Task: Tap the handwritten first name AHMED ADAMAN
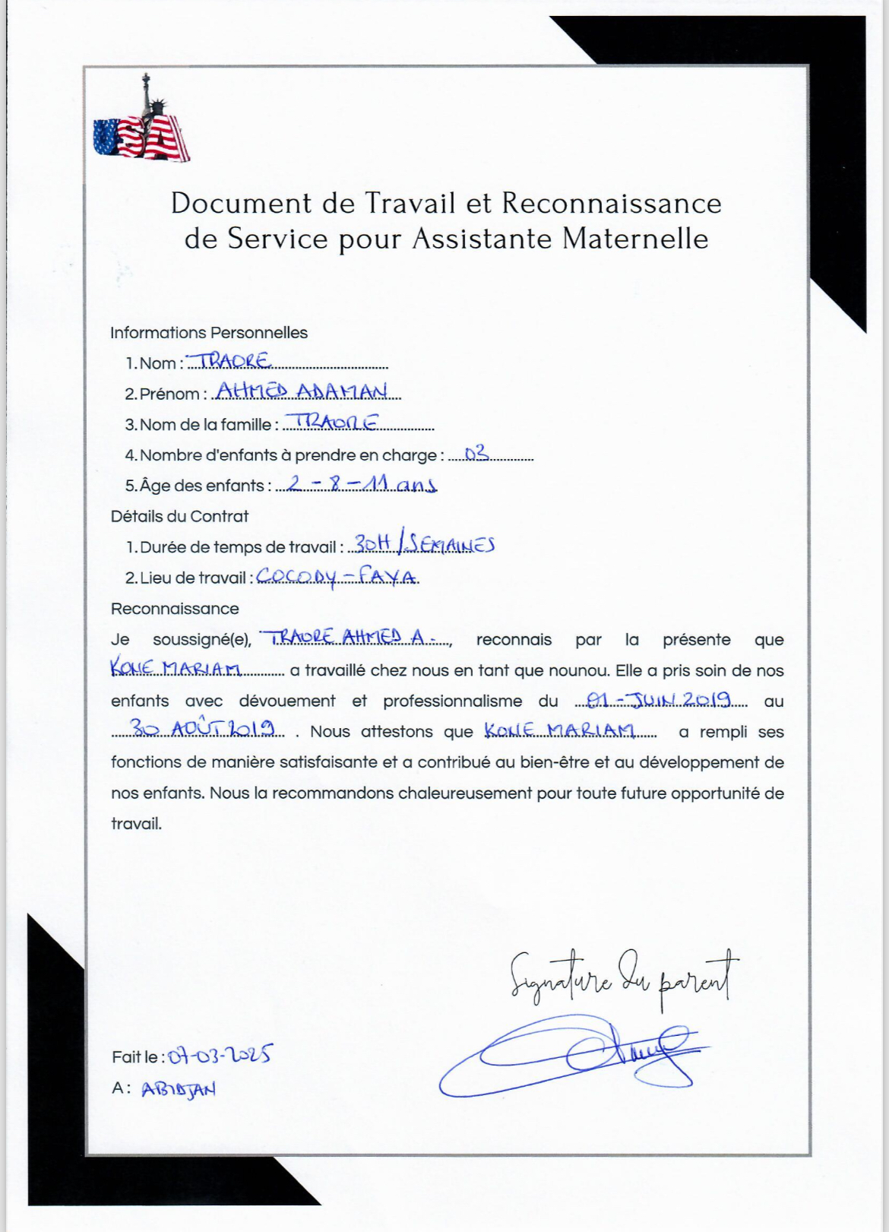pyautogui.click(x=302, y=391)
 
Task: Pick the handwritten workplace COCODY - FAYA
pyautogui.click(x=337, y=577)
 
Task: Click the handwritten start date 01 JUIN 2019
pyautogui.click(x=658, y=699)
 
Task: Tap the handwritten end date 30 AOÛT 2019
pyautogui.click(x=203, y=730)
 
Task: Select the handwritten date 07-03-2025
pyautogui.click(x=220, y=1055)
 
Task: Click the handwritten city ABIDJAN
pyautogui.click(x=179, y=1088)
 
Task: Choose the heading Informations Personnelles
pyautogui.click(x=209, y=333)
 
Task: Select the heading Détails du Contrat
pyautogui.click(x=180, y=516)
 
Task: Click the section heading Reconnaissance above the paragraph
pyautogui.click(x=175, y=609)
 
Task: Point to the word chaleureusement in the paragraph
pyautogui.click(x=466, y=793)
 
